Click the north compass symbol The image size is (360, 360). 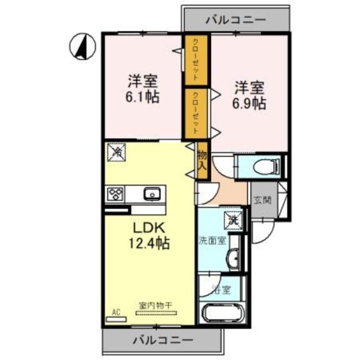(x=83, y=46)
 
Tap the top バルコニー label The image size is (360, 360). (x=236, y=20)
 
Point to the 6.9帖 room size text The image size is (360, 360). (x=248, y=103)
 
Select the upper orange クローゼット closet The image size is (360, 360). (x=196, y=59)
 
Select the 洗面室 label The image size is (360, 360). (x=212, y=241)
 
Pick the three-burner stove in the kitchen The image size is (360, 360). (x=116, y=195)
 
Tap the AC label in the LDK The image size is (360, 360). (x=115, y=311)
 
